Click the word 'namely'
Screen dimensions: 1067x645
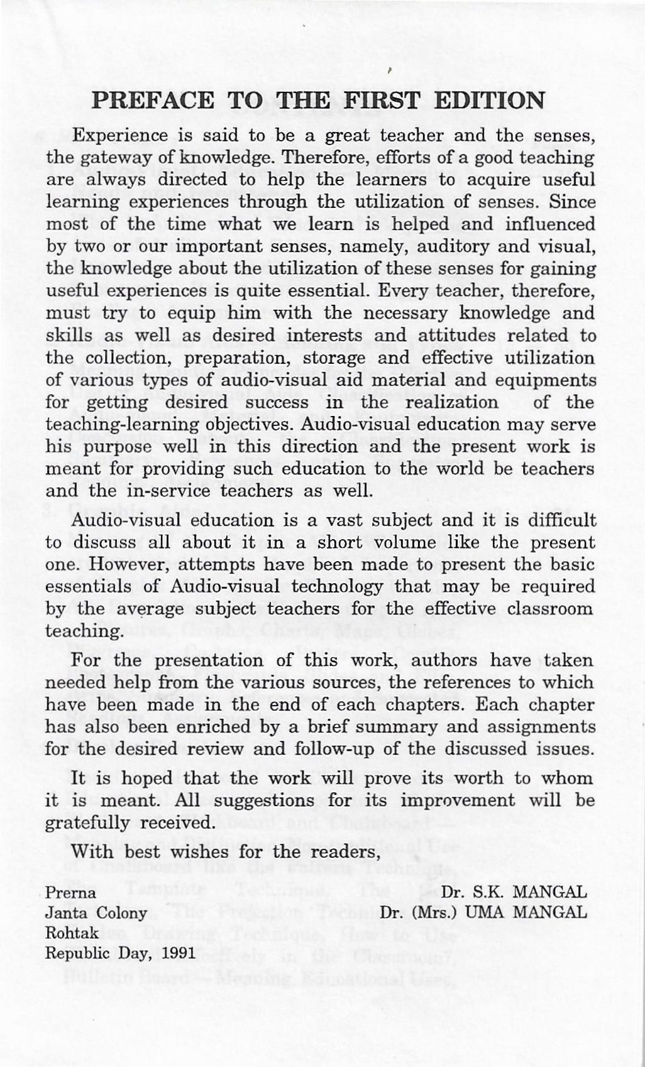pos(380,247)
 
